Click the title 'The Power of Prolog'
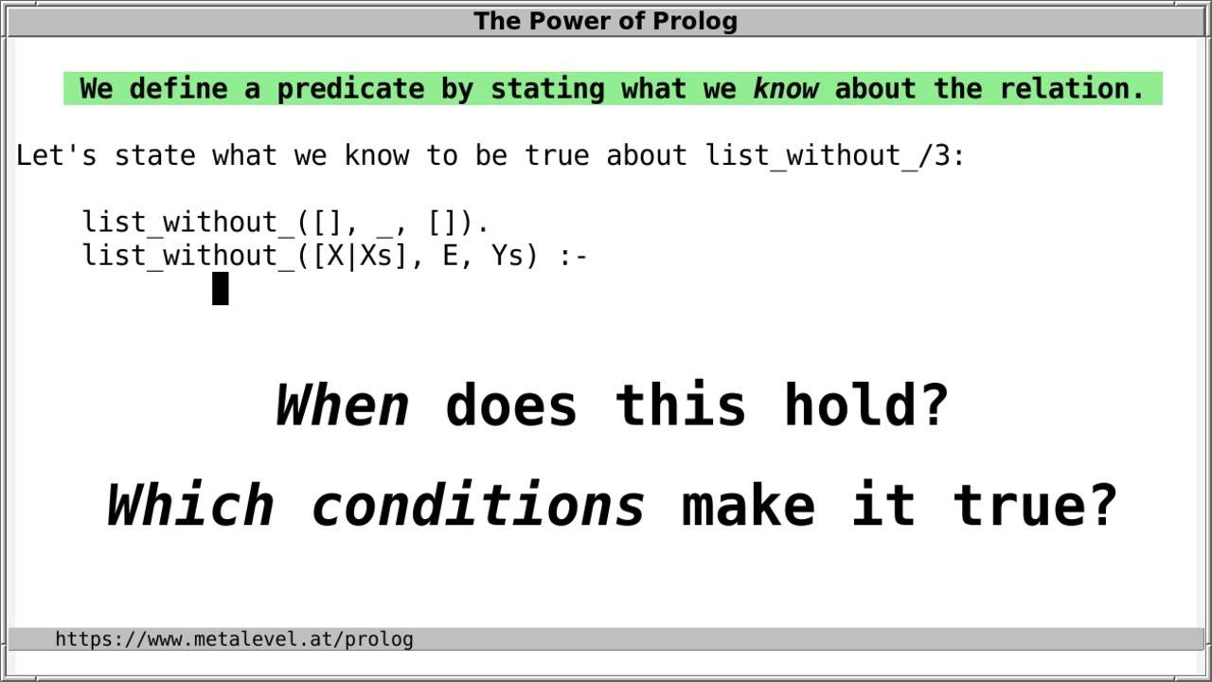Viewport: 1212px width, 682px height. [605, 21]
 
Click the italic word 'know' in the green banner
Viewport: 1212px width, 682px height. [786, 89]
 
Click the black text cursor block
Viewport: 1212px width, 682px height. [220, 289]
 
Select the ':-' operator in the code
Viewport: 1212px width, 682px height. [574, 256]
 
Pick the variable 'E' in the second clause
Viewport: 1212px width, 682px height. [451, 256]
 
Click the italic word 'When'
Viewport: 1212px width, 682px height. [343, 405]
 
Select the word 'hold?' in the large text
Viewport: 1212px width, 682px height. [865, 405]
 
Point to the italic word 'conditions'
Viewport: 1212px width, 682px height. [478, 505]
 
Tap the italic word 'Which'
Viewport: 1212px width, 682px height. [189, 505]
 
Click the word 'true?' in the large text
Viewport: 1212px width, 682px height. [1035, 505]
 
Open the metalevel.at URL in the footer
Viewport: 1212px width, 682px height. [234, 639]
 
